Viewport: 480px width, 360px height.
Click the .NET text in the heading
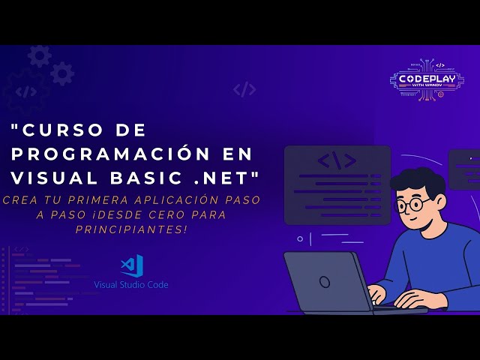point(228,178)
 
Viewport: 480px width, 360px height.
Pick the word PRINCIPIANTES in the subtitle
point(131,228)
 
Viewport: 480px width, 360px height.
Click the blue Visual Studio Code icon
point(132,266)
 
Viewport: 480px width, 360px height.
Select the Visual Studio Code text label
point(131,285)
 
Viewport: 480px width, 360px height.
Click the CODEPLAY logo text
point(428,78)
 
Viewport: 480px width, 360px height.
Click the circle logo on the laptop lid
point(324,281)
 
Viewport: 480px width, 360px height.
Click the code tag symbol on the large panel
point(337,160)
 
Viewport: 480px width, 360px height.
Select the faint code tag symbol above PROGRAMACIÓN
point(244,89)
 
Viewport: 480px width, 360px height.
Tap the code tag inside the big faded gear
point(26,91)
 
